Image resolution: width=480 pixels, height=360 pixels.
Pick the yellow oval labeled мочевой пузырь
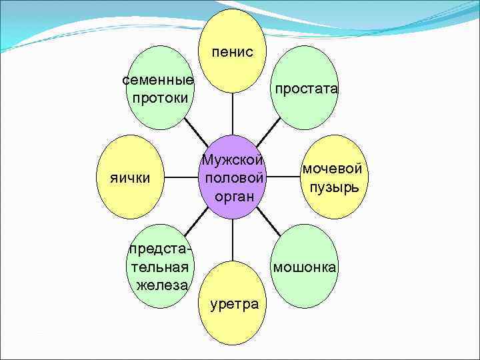332,177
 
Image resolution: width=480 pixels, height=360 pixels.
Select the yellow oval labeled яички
130,178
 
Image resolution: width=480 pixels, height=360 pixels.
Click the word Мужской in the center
233,161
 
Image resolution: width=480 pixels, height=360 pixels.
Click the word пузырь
333,186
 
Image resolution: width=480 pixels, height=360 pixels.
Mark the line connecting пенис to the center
233,113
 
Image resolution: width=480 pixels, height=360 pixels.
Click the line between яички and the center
181,178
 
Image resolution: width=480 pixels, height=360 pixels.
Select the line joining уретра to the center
233,240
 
